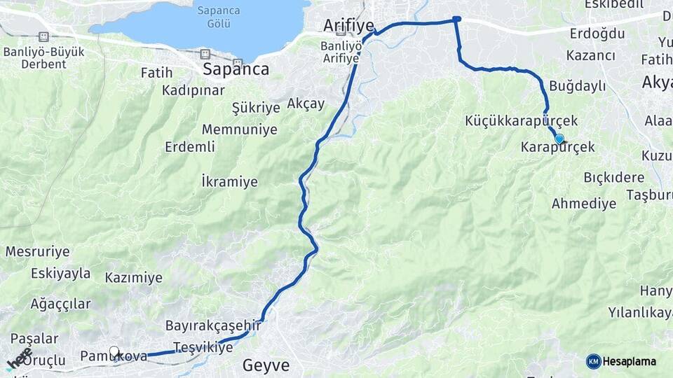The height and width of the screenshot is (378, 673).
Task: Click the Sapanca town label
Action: [x=236, y=69]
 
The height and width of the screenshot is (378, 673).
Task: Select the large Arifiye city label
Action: [x=351, y=26]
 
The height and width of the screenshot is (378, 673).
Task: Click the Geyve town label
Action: [x=266, y=365]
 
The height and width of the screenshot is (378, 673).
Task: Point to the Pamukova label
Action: [x=114, y=356]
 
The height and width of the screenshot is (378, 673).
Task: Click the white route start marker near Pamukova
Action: [x=114, y=351]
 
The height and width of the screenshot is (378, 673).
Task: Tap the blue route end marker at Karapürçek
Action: [x=559, y=139]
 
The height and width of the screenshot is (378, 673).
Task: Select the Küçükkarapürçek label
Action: [x=521, y=121]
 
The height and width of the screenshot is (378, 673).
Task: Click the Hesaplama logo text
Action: [x=630, y=361]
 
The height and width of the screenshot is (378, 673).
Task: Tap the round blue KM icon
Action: [x=593, y=361]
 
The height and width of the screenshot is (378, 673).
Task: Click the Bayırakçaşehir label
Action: [x=213, y=325]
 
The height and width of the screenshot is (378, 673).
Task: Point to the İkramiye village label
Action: [x=229, y=182]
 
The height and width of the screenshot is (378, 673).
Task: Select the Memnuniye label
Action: [x=239, y=129]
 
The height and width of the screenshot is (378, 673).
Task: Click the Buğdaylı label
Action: [x=577, y=86]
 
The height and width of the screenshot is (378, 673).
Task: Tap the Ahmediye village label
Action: [x=584, y=204]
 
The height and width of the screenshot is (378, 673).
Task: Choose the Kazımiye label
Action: [x=133, y=278]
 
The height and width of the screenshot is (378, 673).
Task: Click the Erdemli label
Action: [x=190, y=147]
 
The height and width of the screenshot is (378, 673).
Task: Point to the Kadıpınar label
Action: [x=193, y=90]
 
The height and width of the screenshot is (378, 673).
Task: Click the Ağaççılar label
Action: [x=60, y=304]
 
